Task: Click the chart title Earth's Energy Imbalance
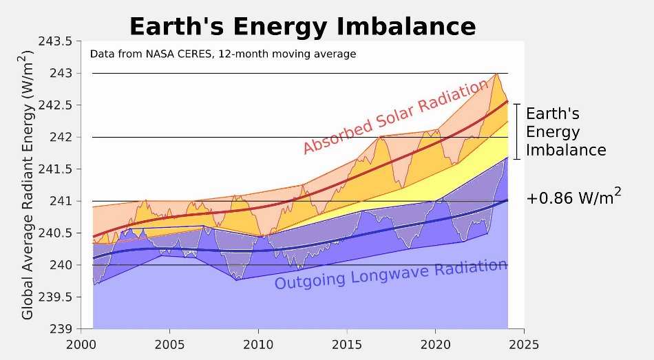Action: [x=302, y=26]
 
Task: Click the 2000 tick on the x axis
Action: [x=81, y=342]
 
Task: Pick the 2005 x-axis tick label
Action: [x=169, y=342]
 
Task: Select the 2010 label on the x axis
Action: [x=258, y=342]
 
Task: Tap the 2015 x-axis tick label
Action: [x=346, y=342]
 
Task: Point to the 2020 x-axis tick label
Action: [x=435, y=342]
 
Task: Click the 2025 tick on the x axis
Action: [x=523, y=342]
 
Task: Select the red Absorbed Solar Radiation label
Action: [x=396, y=117]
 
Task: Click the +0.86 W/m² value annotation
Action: [x=573, y=198]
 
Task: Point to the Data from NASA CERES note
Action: [x=223, y=54]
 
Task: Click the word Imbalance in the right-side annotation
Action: [x=565, y=150]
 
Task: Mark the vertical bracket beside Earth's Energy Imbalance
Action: [x=517, y=131]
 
